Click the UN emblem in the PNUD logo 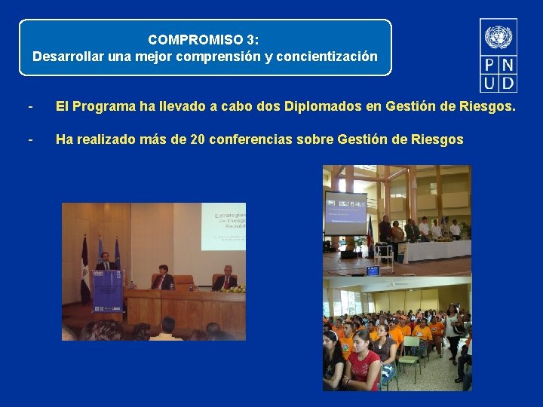(x=498, y=36)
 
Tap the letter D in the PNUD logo (x=508, y=82)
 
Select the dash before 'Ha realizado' (x=29, y=139)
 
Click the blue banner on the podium (x=106, y=291)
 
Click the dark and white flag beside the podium (x=84, y=268)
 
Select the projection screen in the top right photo (x=345, y=213)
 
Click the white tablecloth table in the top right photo (x=434, y=250)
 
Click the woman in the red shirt (x=363, y=363)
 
